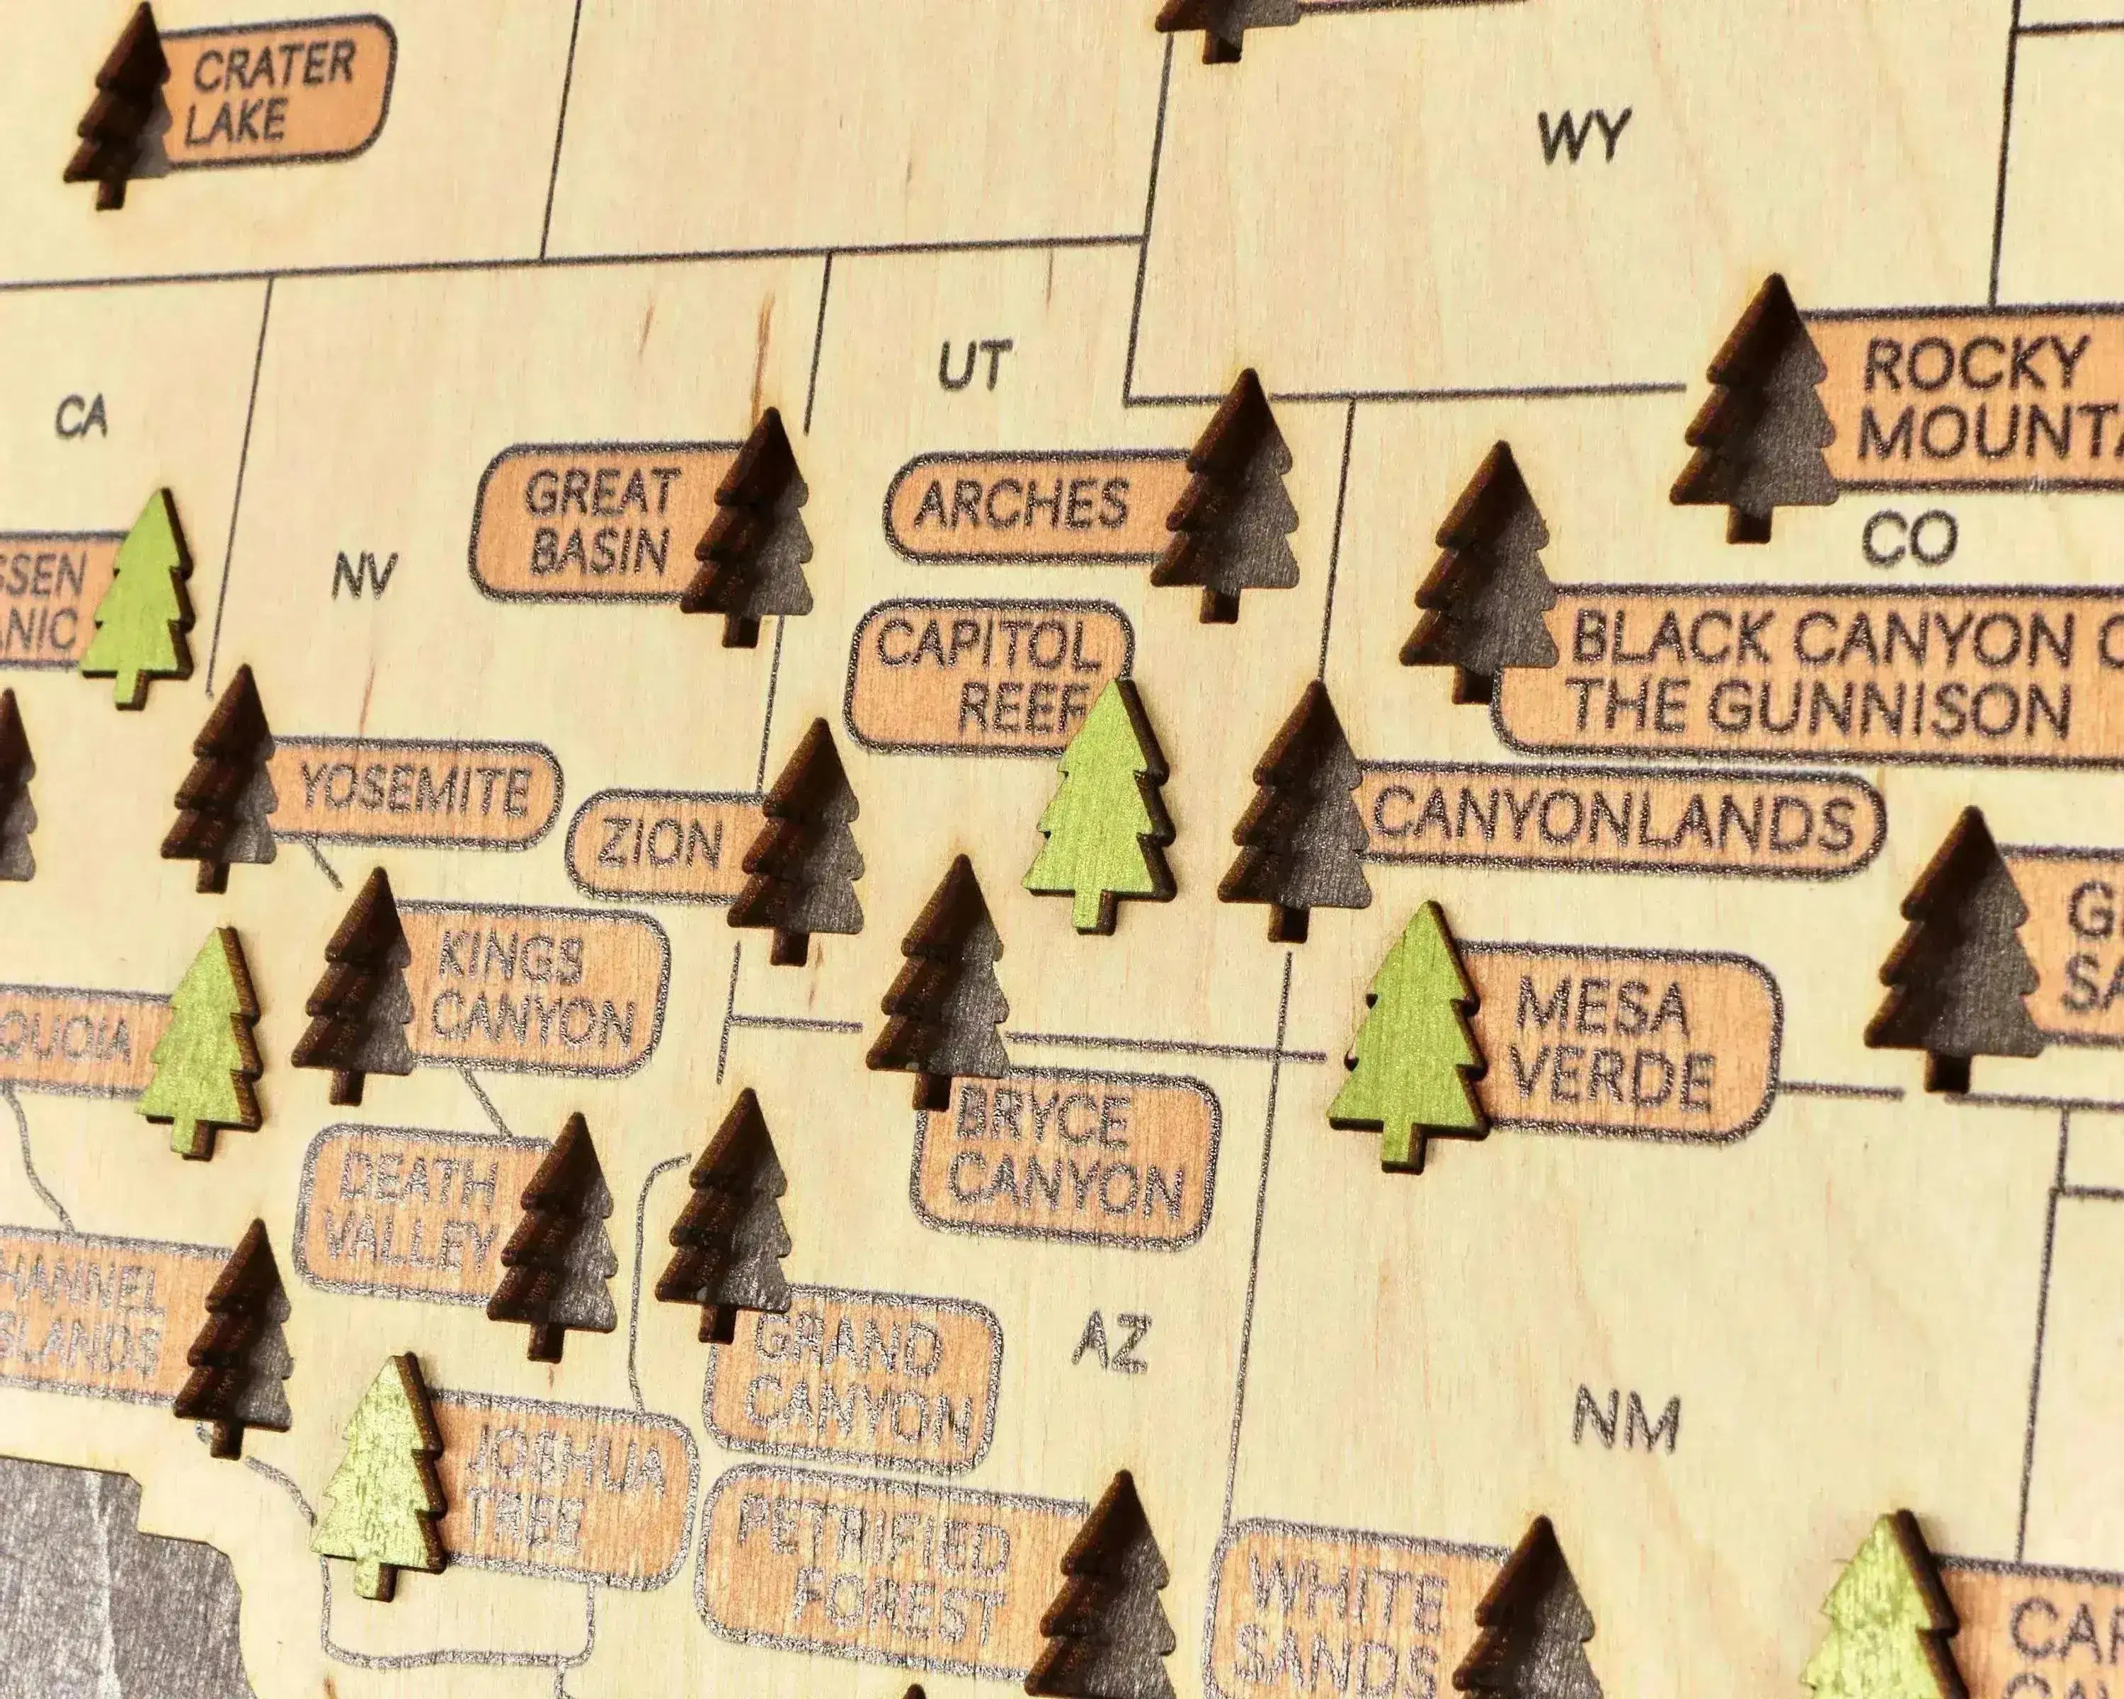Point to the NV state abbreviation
point(365,576)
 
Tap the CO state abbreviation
point(1908,539)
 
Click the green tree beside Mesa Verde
point(1409,1034)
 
